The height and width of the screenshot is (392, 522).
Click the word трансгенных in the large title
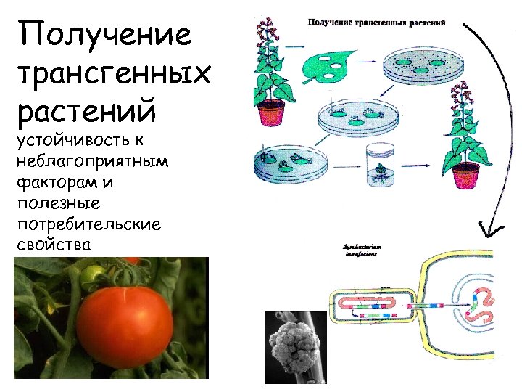[x=113, y=73]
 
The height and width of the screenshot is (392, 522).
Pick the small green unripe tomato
[x=92, y=275]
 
